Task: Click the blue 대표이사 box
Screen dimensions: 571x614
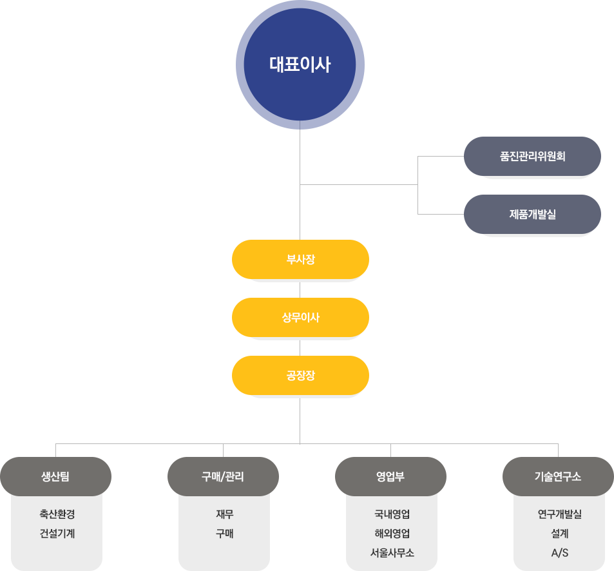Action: tap(300, 64)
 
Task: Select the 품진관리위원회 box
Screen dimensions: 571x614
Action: tap(532, 156)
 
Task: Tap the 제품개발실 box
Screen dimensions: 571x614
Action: tap(532, 214)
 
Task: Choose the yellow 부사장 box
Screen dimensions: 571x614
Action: tap(300, 259)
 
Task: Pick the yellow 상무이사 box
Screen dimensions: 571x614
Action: tap(300, 317)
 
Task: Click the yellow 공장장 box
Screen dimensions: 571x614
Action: tap(300, 375)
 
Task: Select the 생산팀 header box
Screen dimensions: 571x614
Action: tap(55, 476)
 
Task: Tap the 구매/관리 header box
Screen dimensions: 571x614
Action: tap(223, 476)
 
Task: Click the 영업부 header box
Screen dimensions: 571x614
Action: tap(390, 476)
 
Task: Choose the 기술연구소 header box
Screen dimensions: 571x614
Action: tap(558, 476)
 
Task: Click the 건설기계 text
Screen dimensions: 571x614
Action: tap(57, 534)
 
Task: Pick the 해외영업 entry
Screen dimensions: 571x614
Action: tap(392, 534)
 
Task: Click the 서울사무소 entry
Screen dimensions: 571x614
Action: tap(392, 553)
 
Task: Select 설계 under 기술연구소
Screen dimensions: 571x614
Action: tap(559, 534)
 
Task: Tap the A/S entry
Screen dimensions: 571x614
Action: tap(559, 553)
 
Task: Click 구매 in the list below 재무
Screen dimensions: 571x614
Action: tap(224, 534)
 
